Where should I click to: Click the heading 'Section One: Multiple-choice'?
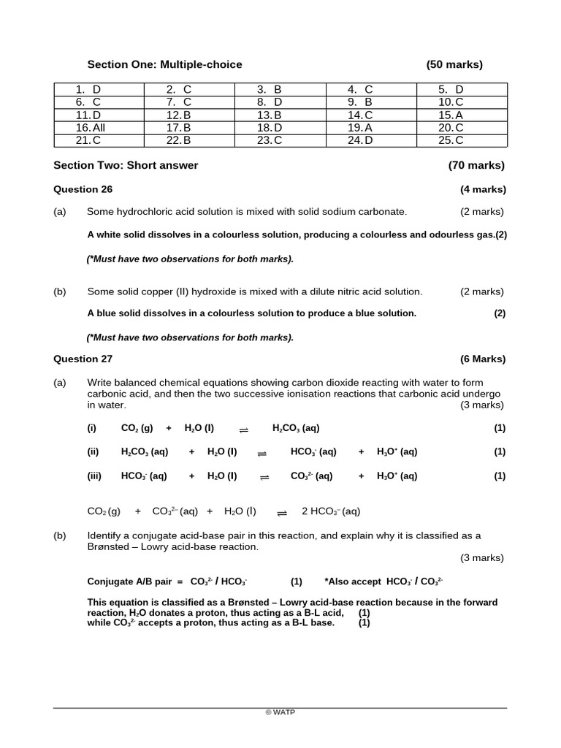tap(164, 64)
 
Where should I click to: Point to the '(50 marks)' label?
tap(454, 64)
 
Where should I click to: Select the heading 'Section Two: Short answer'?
tap(126, 165)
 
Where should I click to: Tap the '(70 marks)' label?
tap(476, 165)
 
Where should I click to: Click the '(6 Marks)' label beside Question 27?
tap(483, 359)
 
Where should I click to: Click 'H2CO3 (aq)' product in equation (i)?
tap(296, 428)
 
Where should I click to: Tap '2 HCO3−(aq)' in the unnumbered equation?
tap(331, 511)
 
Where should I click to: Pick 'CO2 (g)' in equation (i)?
tap(137, 428)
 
